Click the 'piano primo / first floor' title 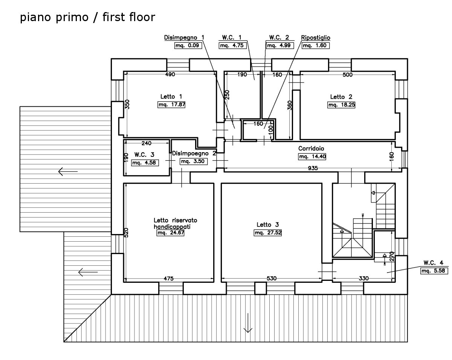[x=87, y=17]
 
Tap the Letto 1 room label [x=171, y=97]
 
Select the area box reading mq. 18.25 [x=341, y=105]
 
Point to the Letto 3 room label [x=268, y=225]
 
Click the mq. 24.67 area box [x=171, y=233]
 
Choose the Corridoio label [x=311, y=149]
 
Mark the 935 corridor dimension [x=313, y=168]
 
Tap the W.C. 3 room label [x=144, y=155]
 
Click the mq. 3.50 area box [x=194, y=161]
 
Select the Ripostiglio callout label [x=316, y=38]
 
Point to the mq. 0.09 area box [x=188, y=45]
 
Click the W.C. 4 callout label [x=433, y=263]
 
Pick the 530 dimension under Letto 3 [x=272, y=279]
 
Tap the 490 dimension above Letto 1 [x=170, y=74]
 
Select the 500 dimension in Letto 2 [x=348, y=75]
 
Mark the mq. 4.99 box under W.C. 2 [x=280, y=45]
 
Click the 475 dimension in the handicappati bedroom [x=169, y=279]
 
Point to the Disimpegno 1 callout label [x=184, y=38]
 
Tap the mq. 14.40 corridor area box [x=312, y=157]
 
